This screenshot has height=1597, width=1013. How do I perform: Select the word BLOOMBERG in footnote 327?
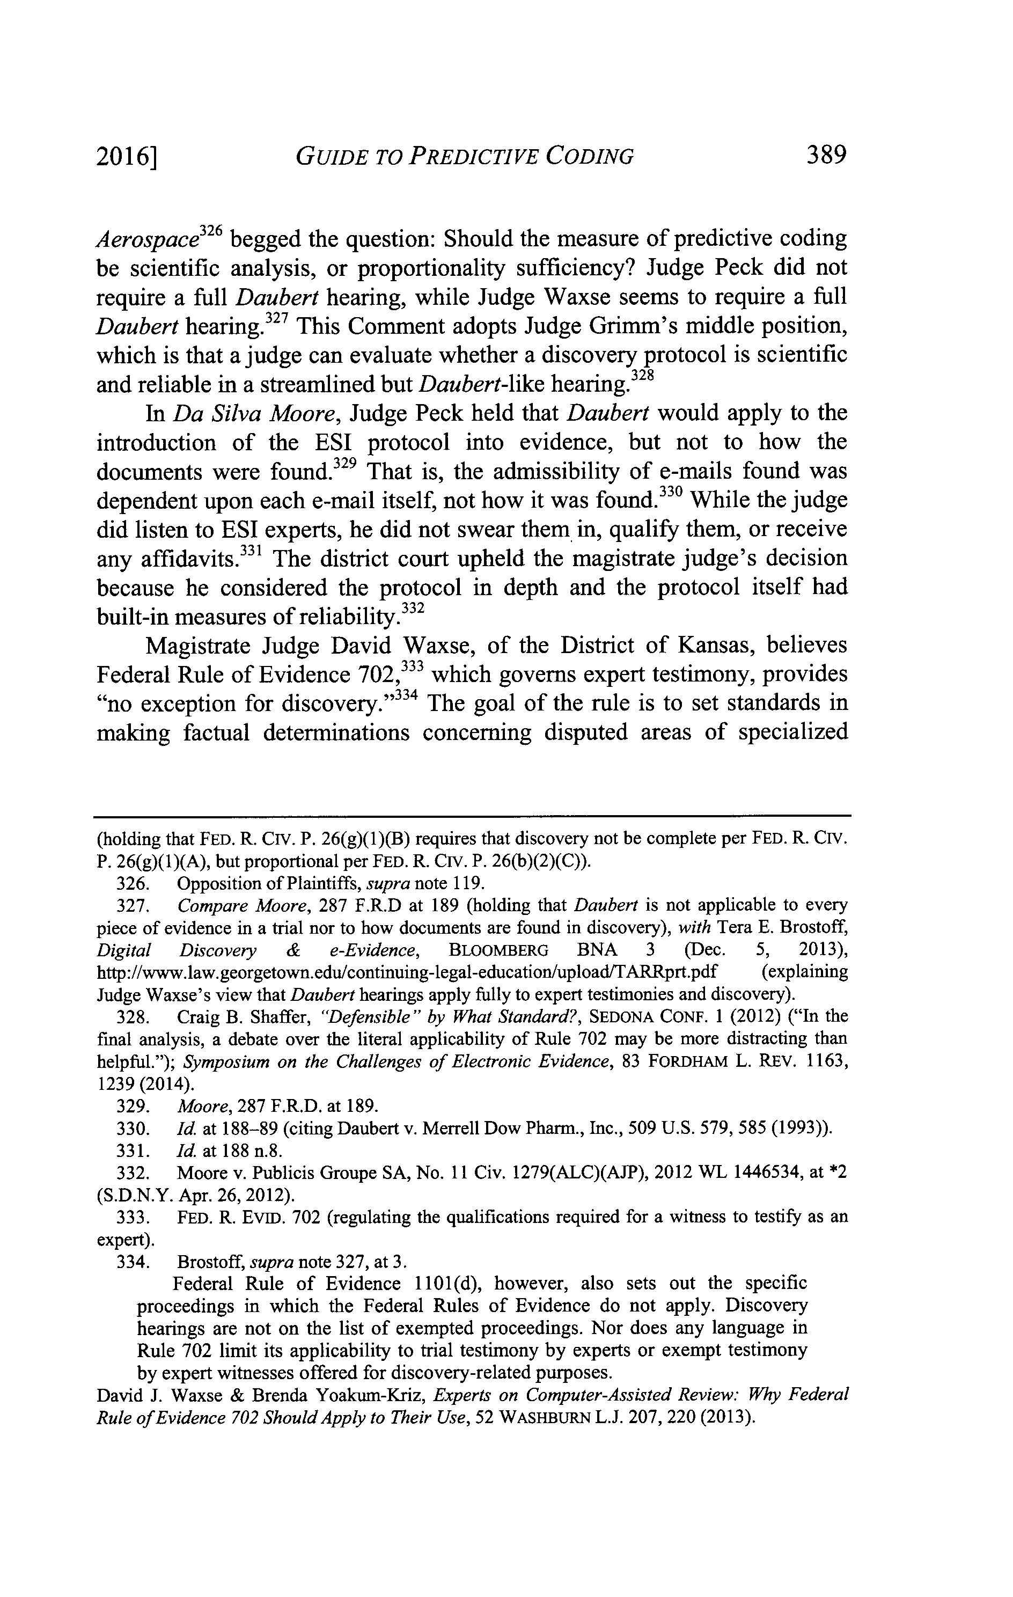pos(498,950)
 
